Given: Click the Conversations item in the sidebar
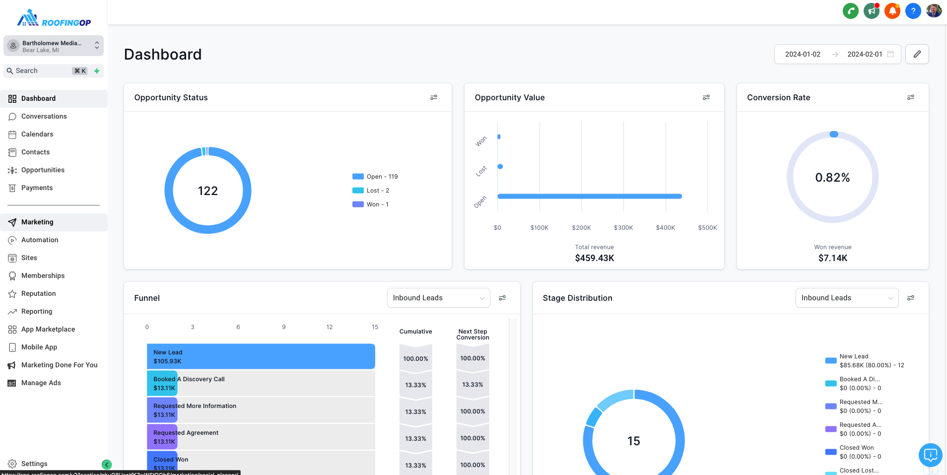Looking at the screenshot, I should coord(44,116).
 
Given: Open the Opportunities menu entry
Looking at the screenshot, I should coord(43,170).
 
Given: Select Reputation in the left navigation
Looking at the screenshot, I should coord(38,293).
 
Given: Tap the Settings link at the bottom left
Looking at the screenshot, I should coord(34,464).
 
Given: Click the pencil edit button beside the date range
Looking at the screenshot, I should coord(917,54).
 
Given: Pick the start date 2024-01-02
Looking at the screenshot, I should coord(803,54).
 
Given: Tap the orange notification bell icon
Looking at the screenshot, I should coord(892,11).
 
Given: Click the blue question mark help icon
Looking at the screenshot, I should coord(913,11).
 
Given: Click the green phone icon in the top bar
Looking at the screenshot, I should coord(851,11).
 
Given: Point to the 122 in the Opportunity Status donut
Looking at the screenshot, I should coord(207,191).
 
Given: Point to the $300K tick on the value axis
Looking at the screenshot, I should coord(623,228).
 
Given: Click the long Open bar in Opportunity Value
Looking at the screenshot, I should coord(589,197).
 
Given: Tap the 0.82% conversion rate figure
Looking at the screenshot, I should coord(832,178).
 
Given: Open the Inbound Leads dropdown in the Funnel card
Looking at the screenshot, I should coord(438,298).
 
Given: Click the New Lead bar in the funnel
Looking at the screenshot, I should coord(261,356).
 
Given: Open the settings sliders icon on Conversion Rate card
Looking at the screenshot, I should coord(910,97).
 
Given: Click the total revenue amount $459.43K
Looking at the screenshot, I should coord(594,258).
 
